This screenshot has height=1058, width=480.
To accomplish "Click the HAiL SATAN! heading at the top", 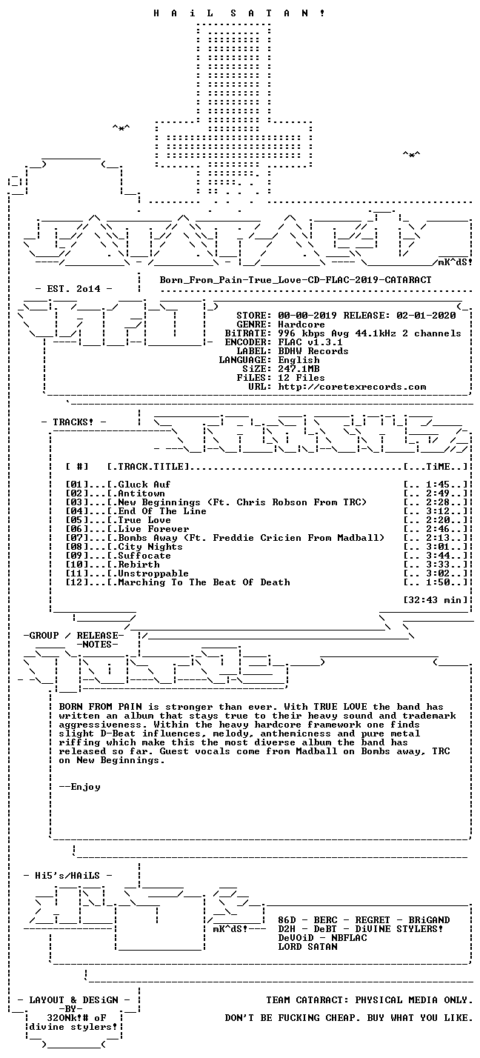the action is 239,13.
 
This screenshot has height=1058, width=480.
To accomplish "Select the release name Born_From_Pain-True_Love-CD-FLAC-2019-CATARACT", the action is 296,279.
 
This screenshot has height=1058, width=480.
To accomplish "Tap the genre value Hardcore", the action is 301,325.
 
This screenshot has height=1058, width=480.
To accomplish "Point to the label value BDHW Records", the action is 313,351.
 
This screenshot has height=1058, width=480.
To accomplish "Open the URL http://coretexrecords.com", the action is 352,387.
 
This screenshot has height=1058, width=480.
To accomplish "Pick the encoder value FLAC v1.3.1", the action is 310,342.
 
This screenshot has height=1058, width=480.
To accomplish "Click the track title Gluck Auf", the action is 144,484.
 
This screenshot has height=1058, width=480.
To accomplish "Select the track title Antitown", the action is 141,493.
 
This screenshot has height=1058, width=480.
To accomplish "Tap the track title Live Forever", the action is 153,529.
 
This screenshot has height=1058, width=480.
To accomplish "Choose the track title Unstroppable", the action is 153,573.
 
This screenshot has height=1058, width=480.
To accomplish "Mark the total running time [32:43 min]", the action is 436,600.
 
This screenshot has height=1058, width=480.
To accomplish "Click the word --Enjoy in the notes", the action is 80,787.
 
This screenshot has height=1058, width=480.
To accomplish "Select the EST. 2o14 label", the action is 73,289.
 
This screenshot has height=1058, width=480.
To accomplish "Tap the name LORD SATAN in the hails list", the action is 307,947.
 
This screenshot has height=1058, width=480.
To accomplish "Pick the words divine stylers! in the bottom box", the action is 73,1027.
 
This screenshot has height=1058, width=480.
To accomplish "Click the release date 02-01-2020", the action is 426,316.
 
